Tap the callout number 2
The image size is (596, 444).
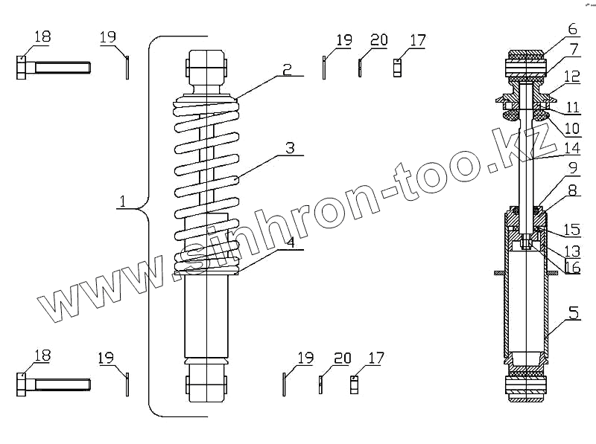(x=287, y=69)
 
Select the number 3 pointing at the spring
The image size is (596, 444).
(x=290, y=148)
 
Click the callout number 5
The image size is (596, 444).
(x=573, y=312)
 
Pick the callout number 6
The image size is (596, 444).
(x=572, y=30)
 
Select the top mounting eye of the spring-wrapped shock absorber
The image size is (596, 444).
(x=206, y=67)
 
